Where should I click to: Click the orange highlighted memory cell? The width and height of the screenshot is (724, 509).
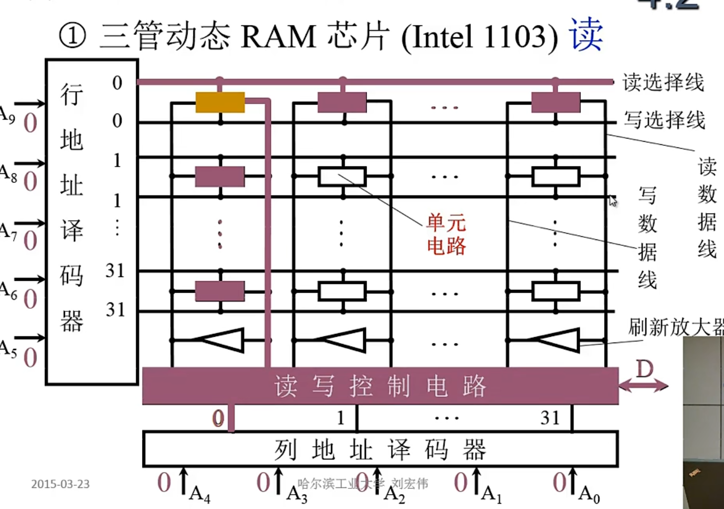220,103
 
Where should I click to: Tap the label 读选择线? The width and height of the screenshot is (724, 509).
663,82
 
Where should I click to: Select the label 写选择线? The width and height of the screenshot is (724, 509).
664,121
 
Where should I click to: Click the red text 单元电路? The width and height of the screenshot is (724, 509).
446,235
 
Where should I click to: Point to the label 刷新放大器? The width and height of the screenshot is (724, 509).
675,327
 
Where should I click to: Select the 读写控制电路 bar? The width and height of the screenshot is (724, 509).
380,386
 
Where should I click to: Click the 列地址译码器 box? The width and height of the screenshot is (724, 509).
380,450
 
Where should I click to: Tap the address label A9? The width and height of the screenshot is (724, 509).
7,115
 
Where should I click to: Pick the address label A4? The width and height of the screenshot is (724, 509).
200,494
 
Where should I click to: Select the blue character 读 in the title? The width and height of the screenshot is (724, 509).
586,34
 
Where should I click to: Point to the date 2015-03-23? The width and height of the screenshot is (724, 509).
60,484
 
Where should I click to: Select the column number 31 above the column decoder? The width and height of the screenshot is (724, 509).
550,418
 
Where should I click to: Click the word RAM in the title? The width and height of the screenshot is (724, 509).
278,37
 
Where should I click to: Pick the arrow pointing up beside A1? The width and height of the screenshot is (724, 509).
476,480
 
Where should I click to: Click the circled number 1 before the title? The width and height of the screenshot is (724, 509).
72,36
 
